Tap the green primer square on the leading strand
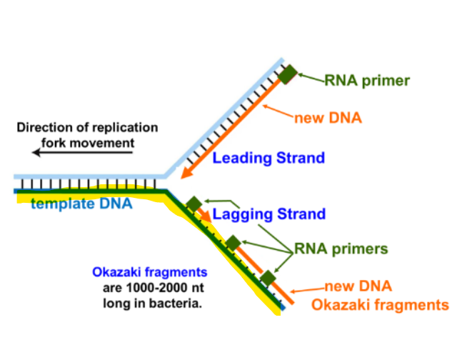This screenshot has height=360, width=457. click(288, 74)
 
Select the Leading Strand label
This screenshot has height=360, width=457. click(268, 158)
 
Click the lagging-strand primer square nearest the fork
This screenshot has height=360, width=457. click(194, 204)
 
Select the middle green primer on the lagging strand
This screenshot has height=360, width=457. click(232, 243)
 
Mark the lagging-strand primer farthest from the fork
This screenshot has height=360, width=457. click(268, 278)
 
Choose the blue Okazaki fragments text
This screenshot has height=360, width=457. click(149, 272)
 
